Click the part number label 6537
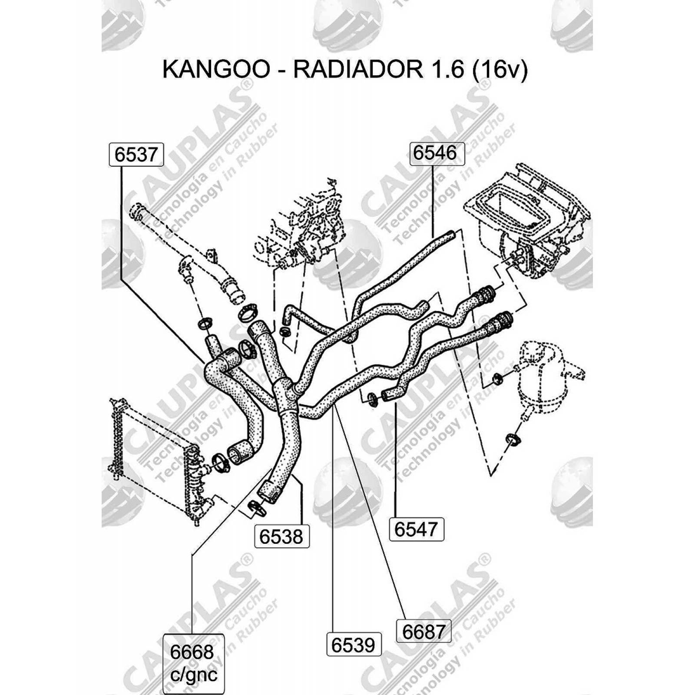click(x=136, y=154)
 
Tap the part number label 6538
click(x=281, y=537)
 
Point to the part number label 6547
click(x=416, y=529)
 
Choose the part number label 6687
click(x=424, y=631)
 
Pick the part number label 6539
click(x=353, y=645)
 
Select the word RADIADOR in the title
click(x=358, y=69)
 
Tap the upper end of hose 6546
click(x=450, y=236)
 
